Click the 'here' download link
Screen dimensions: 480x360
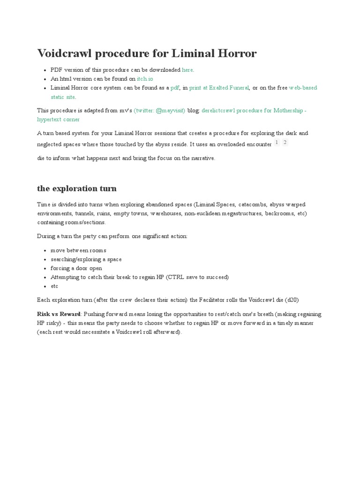pos(187,70)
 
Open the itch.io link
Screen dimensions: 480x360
pos(145,79)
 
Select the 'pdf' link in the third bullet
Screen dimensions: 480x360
pos(174,88)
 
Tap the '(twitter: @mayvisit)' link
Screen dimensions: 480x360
pos(159,111)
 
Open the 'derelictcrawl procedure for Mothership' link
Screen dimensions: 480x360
pos(254,111)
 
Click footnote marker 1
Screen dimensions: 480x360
pos(277,142)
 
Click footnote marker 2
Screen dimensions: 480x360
pos(285,142)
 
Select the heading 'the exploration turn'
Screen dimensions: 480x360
pos(76,188)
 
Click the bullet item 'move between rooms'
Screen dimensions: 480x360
pos(78,250)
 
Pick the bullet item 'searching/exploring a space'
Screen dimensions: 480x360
pos(86,259)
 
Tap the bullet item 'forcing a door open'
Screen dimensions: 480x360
pos(76,268)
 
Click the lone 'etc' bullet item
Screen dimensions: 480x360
pos(54,286)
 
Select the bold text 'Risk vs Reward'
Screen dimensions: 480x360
pos(59,314)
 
